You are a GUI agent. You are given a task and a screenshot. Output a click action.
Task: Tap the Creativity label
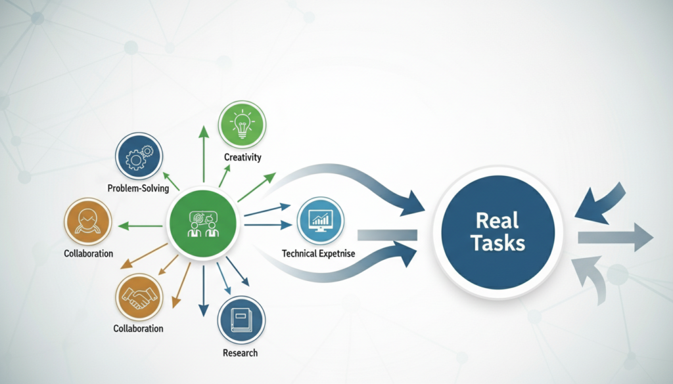pyautogui.click(x=243, y=157)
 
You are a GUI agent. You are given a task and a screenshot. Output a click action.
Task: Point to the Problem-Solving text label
pyautogui.click(x=138, y=188)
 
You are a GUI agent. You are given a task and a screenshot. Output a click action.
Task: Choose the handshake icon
pyautogui.click(x=139, y=297)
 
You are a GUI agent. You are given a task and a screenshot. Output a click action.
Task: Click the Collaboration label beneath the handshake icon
pyautogui.click(x=138, y=328)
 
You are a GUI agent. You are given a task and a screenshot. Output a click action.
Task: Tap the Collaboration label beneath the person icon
pyautogui.click(x=88, y=253)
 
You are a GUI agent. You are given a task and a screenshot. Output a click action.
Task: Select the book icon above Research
pyautogui.click(x=241, y=320)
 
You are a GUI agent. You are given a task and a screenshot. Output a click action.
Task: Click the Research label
pyautogui.click(x=241, y=352)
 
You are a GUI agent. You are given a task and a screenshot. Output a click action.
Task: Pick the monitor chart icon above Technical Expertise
pyautogui.click(x=321, y=221)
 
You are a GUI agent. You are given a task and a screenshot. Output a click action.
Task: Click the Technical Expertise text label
pyautogui.click(x=319, y=253)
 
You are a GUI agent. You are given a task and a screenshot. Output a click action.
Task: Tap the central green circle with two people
pyautogui.click(x=203, y=223)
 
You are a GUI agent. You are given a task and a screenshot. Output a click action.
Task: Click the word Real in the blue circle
pyautogui.click(x=498, y=221)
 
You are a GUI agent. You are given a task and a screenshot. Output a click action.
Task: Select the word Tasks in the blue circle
pyautogui.click(x=498, y=244)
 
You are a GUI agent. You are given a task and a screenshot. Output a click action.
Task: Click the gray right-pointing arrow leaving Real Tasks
pyautogui.click(x=615, y=237)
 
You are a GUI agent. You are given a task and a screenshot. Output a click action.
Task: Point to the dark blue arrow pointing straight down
pyautogui.click(x=203, y=289)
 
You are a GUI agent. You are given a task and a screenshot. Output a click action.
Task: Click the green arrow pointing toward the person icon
pyautogui.click(x=141, y=226)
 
